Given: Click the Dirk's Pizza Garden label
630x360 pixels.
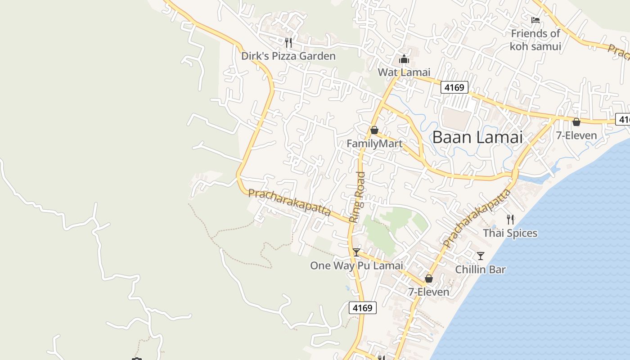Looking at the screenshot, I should pyautogui.click(x=288, y=56).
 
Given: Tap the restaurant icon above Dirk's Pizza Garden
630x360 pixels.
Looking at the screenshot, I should pyautogui.click(x=288, y=43).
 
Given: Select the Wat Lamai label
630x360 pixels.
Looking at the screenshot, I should pyautogui.click(x=404, y=72).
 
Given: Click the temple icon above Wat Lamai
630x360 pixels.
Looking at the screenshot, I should pyautogui.click(x=404, y=59).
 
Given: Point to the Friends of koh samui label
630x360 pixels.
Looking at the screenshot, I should pyautogui.click(x=535, y=40).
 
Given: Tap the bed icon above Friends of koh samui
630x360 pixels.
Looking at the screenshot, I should pyautogui.click(x=535, y=20).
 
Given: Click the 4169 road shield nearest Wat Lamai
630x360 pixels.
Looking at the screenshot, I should pyautogui.click(x=454, y=87).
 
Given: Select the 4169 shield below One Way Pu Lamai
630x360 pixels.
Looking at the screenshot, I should pyautogui.click(x=363, y=308).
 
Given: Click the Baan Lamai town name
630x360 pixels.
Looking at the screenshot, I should pyautogui.click(x=477, y=137).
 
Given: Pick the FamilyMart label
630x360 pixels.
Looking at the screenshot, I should pyautogui.click(x=374, y=144).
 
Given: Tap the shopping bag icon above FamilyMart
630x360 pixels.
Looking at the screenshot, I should pyautogui.click(x=374, y=130).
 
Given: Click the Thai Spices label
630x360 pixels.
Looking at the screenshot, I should pyautogui.click(x=510, y=233).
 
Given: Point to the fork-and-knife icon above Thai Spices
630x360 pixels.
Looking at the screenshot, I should pyautogui.click(x=510, y=220).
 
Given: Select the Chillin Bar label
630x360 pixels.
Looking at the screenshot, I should pyautogui.click(x=480, y=270).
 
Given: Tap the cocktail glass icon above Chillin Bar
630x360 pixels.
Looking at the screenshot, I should pyautogui.click(x=481, y=256).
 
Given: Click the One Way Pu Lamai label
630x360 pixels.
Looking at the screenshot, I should pyautogui.click(x=356, y=265).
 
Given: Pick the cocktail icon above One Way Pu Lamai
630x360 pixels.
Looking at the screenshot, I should pyautogui.click(x=356, y=252).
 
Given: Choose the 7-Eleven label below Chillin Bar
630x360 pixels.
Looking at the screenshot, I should pyautogui.click(x=428, y=292).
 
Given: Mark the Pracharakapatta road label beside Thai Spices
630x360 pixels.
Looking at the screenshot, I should pyautogui.click(x=477, y=219).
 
